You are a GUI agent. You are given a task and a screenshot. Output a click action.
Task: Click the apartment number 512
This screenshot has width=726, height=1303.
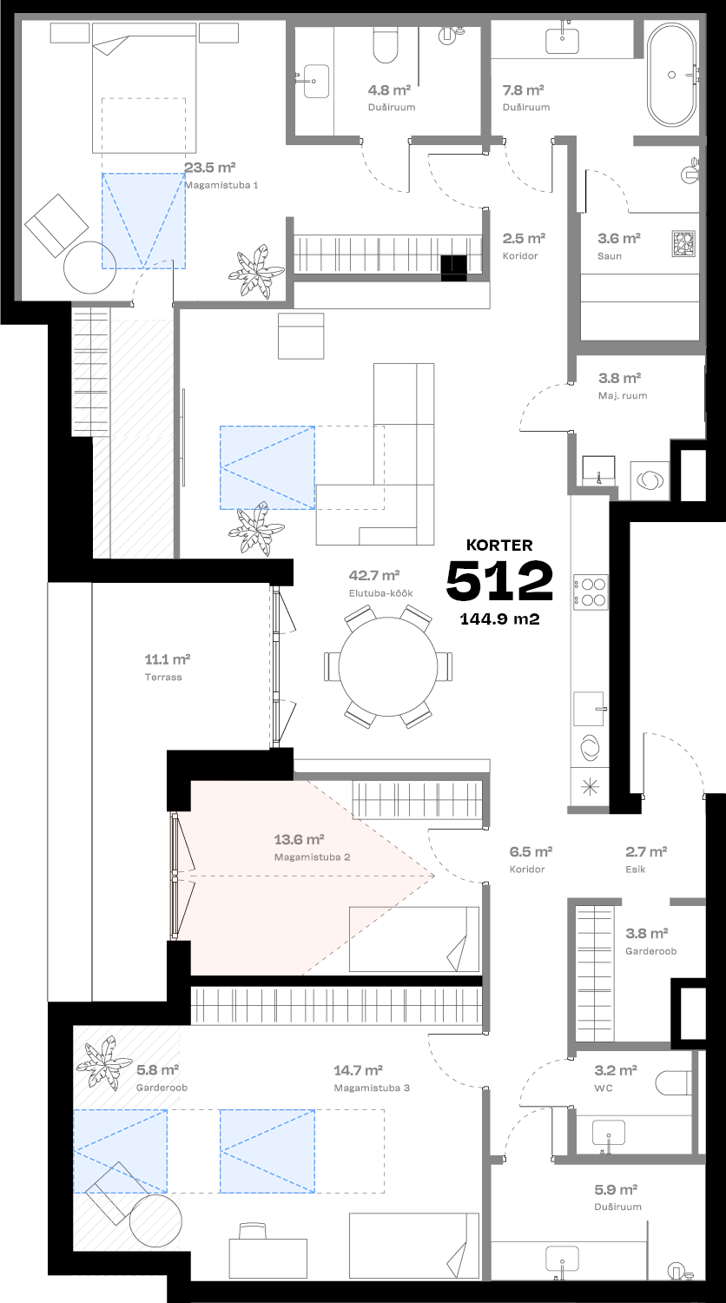[499, 581]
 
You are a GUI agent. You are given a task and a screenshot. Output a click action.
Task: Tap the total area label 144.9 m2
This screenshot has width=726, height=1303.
[499, 619]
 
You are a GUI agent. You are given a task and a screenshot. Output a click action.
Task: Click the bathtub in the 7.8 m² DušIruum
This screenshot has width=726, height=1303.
[671, 75]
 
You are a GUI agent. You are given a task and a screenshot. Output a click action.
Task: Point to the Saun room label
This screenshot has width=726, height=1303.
[609, 256]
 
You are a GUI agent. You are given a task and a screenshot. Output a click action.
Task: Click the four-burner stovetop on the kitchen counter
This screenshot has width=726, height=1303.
[590, 591]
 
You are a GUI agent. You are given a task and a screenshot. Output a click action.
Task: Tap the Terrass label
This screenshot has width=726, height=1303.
[163, 677]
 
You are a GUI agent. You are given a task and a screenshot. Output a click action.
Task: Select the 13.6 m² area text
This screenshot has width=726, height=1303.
[299, 839]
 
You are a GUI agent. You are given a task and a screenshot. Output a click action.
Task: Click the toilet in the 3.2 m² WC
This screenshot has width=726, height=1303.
[674, 1082]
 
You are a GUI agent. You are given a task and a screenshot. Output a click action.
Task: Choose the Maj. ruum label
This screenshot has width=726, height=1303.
[623, 395]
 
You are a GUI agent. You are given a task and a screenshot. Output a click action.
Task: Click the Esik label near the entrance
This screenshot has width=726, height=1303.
[635, 869]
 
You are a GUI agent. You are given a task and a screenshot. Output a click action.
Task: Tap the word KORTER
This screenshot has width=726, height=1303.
[499, 546]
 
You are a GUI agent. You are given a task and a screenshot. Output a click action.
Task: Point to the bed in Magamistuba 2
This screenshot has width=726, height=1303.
[413, 938]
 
